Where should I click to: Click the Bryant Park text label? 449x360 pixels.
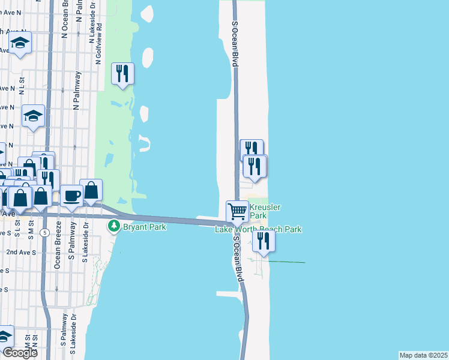click(x=144, y=227)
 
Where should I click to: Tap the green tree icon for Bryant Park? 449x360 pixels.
click(x=113, y=226)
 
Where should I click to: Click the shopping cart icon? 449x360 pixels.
click(x=237, y=211)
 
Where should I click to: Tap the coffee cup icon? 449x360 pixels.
click(x=71, y=195)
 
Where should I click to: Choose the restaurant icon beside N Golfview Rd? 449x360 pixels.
click(x=122, y=74)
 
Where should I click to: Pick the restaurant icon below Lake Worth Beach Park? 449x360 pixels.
click(x=263, y=240)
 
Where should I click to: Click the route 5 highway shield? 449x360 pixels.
click(x=44, y=232)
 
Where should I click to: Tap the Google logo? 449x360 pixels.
click(x=19, y=353)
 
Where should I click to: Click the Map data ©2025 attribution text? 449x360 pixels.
click(x=423, y=355)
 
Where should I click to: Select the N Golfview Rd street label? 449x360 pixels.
click(x=100, y=35)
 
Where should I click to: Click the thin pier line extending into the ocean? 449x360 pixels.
click(x=286, y=262)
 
